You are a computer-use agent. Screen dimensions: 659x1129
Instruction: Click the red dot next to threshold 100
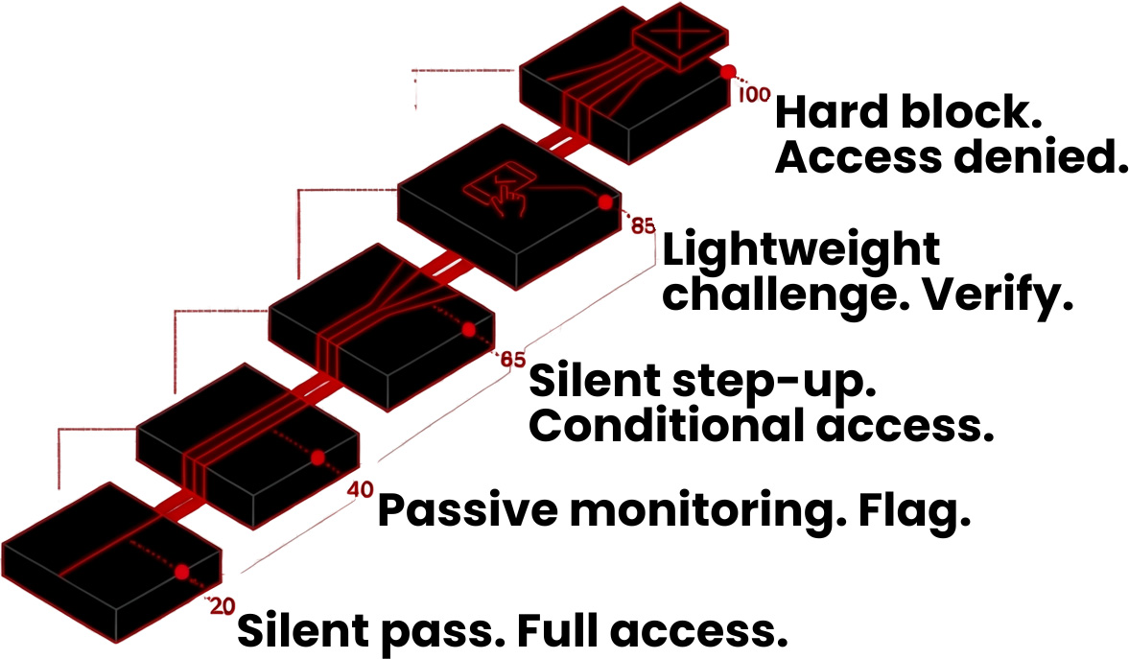point(729,71)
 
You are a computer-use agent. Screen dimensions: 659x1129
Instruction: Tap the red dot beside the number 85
point(605,202)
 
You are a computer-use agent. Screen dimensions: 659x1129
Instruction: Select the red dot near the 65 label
point(468,329)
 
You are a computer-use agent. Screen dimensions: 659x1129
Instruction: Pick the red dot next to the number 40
point(318,457)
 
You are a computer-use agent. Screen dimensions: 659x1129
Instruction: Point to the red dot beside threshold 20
point(182,572)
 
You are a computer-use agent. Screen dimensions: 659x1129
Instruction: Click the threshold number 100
point(755,95)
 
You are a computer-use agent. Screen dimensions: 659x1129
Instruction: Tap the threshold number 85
point(643,227)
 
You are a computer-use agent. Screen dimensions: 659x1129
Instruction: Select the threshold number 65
point(512,361)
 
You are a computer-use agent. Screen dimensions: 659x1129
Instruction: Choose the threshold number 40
point(359,489)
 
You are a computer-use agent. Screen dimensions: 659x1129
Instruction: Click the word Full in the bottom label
point(557,631)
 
